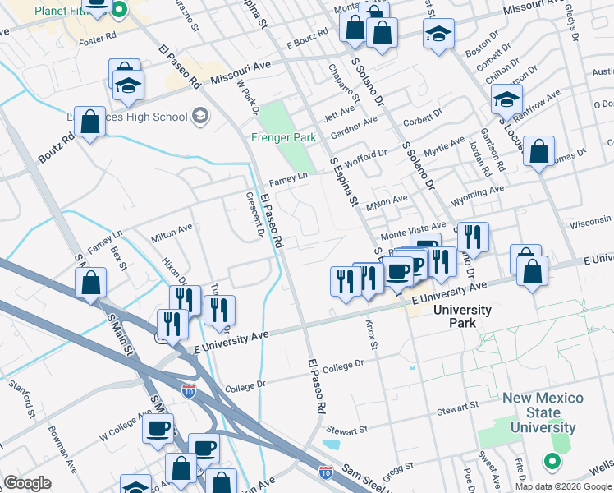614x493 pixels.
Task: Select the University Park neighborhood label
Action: tap(462, 316)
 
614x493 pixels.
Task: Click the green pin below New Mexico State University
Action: tap(555, 462)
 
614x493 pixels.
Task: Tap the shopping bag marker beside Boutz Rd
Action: tap(90, 122)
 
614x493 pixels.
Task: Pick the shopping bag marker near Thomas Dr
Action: tap(538, 152)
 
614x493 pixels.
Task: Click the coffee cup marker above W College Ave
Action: tap(158, 428)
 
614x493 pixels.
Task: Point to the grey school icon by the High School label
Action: tap(199, 117)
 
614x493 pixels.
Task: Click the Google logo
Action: tap(27, 483)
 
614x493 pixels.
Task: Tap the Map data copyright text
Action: tap(564, 486)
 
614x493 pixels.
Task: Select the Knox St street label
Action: tap(370, 333)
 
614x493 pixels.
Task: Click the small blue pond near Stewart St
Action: tap(331, 445)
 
